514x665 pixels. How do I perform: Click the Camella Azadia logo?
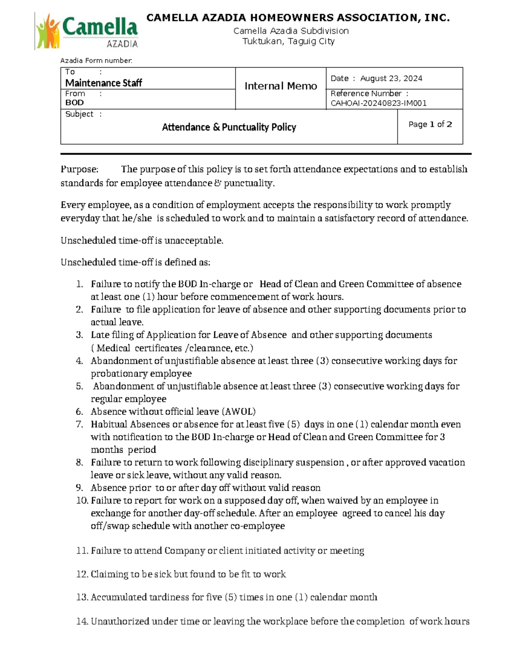tap(87, 31)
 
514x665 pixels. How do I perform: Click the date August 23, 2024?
tap(391, 78)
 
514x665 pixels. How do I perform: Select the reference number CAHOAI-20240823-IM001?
tap(378, 103)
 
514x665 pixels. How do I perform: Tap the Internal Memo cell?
tap(281, 86)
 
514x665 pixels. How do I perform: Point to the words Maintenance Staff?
tap(103, 83)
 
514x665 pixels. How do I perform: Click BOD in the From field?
tap(74, 103)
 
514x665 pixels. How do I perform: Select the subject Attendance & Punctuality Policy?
tap(229, 127)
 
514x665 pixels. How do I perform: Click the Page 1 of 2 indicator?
tap(430, 125)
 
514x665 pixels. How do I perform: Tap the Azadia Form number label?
tap(96, 61)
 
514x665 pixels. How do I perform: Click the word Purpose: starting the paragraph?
tap(79, 170)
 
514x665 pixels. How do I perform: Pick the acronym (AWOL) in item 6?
tap(239, 412)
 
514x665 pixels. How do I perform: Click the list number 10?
tap(82, 501)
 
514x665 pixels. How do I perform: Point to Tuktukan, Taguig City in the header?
tap(288, 42)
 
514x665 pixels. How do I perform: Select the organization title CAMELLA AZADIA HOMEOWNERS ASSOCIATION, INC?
tap(298, 18)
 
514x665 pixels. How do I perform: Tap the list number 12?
tap(82, 574)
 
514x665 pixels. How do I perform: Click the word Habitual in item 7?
tap(109, 424)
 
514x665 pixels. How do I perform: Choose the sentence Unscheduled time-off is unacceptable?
tap(142, 241)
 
